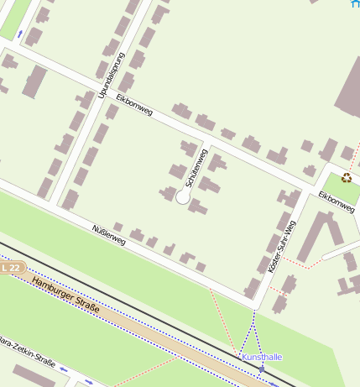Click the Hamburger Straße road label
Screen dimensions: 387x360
click(65, 297)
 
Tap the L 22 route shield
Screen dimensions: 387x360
click(10, 267)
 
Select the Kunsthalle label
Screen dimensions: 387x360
click(262, 357)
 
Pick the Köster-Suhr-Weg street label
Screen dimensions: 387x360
click(281, 244)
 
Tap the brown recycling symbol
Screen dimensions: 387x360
click(347, 177)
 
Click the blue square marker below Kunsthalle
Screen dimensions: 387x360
click(262, 369)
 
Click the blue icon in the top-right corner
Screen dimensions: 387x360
click(354, 3)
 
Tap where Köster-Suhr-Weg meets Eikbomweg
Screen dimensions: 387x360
click(303, 186)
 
